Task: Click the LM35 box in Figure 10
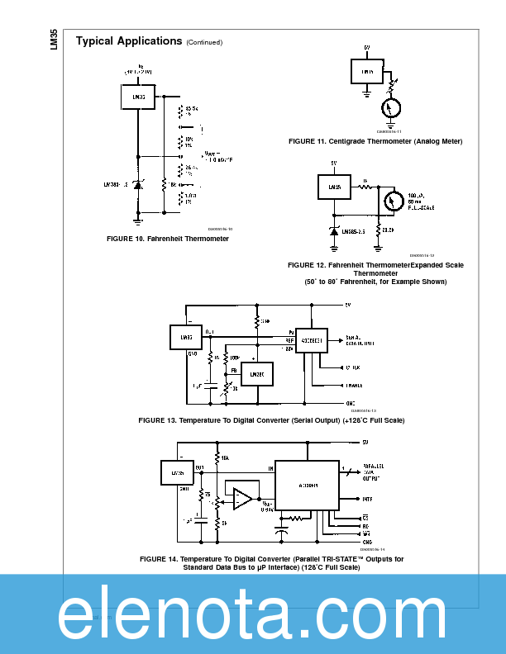point(138,97)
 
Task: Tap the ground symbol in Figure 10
point(138,220)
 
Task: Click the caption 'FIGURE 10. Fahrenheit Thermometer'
point(168,239)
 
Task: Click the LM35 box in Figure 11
point(367,72)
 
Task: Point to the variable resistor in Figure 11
point(389,83)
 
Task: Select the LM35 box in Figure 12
point(335,187)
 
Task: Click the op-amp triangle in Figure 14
point(243,498)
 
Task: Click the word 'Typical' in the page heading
point(95,41)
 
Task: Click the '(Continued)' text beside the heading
point(204,43)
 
